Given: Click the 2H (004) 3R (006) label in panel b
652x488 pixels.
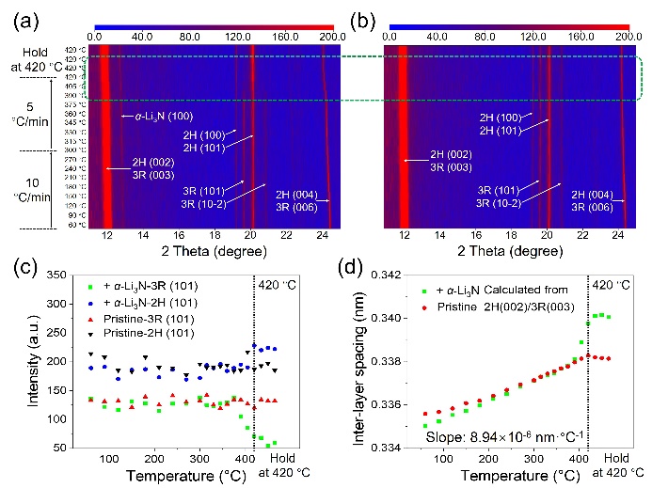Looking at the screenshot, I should [590, 197].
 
